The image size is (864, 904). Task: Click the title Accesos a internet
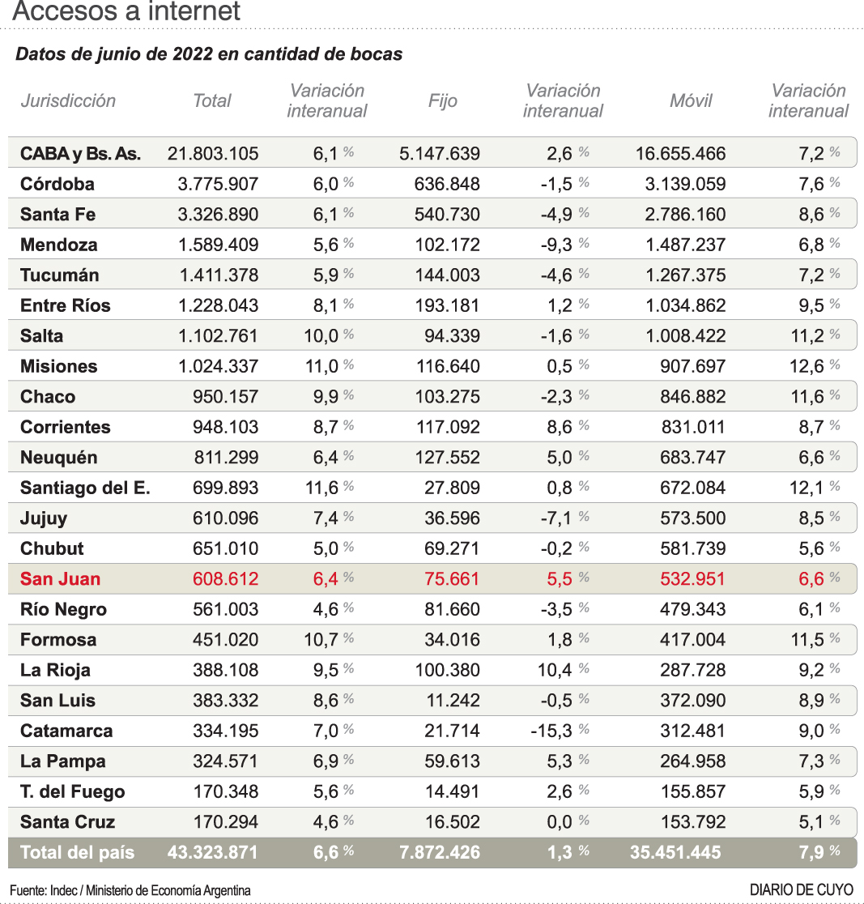tap(127, 11)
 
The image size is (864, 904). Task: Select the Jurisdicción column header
tap(68, 101)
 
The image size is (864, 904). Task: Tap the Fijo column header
tap(442, 101)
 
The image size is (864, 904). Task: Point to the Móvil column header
tap(691, 101)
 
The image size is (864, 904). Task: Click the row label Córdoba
tap(57, 184)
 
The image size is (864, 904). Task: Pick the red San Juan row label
tap(60, 579)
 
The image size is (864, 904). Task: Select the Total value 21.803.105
tap(213, 154)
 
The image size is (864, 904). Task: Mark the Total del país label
tap(77, 852)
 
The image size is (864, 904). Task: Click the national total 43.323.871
tap(212, 852)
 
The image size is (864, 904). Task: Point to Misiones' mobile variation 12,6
tap(807, 366)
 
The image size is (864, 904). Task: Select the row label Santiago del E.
tap(85, 488)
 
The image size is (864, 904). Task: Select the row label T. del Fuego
tap(72, 791)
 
